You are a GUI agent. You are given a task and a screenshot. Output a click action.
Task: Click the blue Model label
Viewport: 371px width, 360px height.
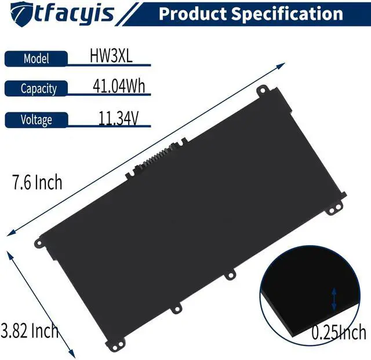(37, 58)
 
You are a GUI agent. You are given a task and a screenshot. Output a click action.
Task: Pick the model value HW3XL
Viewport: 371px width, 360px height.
(110, 56)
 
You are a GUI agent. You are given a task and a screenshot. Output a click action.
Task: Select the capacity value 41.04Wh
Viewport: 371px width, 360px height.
(118, 87)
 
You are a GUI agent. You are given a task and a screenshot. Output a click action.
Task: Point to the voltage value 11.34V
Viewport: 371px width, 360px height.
(118, 118)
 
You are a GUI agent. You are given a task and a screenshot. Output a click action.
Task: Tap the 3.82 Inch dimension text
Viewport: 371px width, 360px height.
(30, 331)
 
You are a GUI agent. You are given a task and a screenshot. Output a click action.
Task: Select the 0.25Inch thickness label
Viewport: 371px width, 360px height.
(339, 333)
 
